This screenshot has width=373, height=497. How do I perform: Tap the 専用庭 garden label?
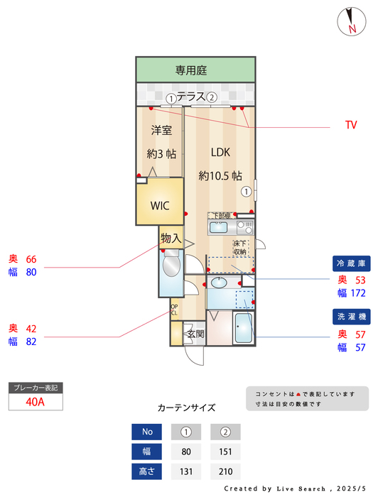pos(191,70)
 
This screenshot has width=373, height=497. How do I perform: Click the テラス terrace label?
pos(191,97)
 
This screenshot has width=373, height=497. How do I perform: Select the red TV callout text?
pos(351,125)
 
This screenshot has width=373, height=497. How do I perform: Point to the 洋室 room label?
pos(161,131)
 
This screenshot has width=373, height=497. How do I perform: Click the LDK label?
pos(220,152)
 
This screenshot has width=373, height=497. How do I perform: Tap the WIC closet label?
pos(159,205)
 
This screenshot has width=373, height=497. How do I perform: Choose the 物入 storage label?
pos(171,239)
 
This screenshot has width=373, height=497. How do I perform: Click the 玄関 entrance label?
pos(195,334)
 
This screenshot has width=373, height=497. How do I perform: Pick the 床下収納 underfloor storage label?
pos(239,248)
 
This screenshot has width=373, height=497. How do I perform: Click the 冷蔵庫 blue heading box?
pos(350,263)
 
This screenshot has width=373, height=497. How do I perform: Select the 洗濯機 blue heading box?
pos(350,316)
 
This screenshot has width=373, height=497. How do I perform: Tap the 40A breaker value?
pos(36,402)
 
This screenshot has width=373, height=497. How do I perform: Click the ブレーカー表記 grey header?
pos(36,388)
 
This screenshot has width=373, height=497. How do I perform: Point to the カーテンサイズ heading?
pos(186,408)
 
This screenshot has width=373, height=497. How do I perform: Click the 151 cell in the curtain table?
pos(225,451)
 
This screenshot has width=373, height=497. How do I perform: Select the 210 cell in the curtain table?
pos(225,471)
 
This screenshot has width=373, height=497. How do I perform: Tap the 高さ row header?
pos(147,471)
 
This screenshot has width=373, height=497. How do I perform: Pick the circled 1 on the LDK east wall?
pos(246,191)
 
